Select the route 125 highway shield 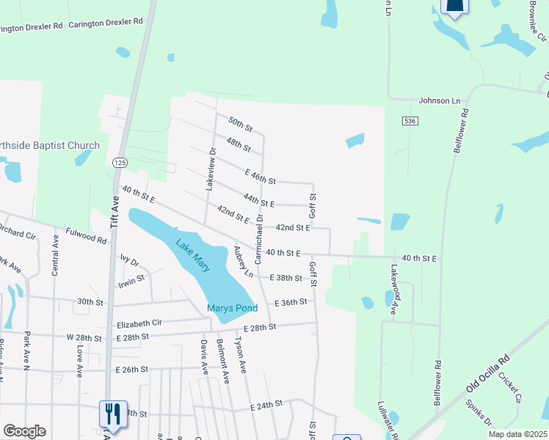118,161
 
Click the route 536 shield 410,120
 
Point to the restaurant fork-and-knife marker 113,414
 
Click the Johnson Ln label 440,100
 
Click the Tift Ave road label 114,213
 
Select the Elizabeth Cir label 139,323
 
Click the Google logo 24,430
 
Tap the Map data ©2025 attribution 517,434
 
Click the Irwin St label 131,279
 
